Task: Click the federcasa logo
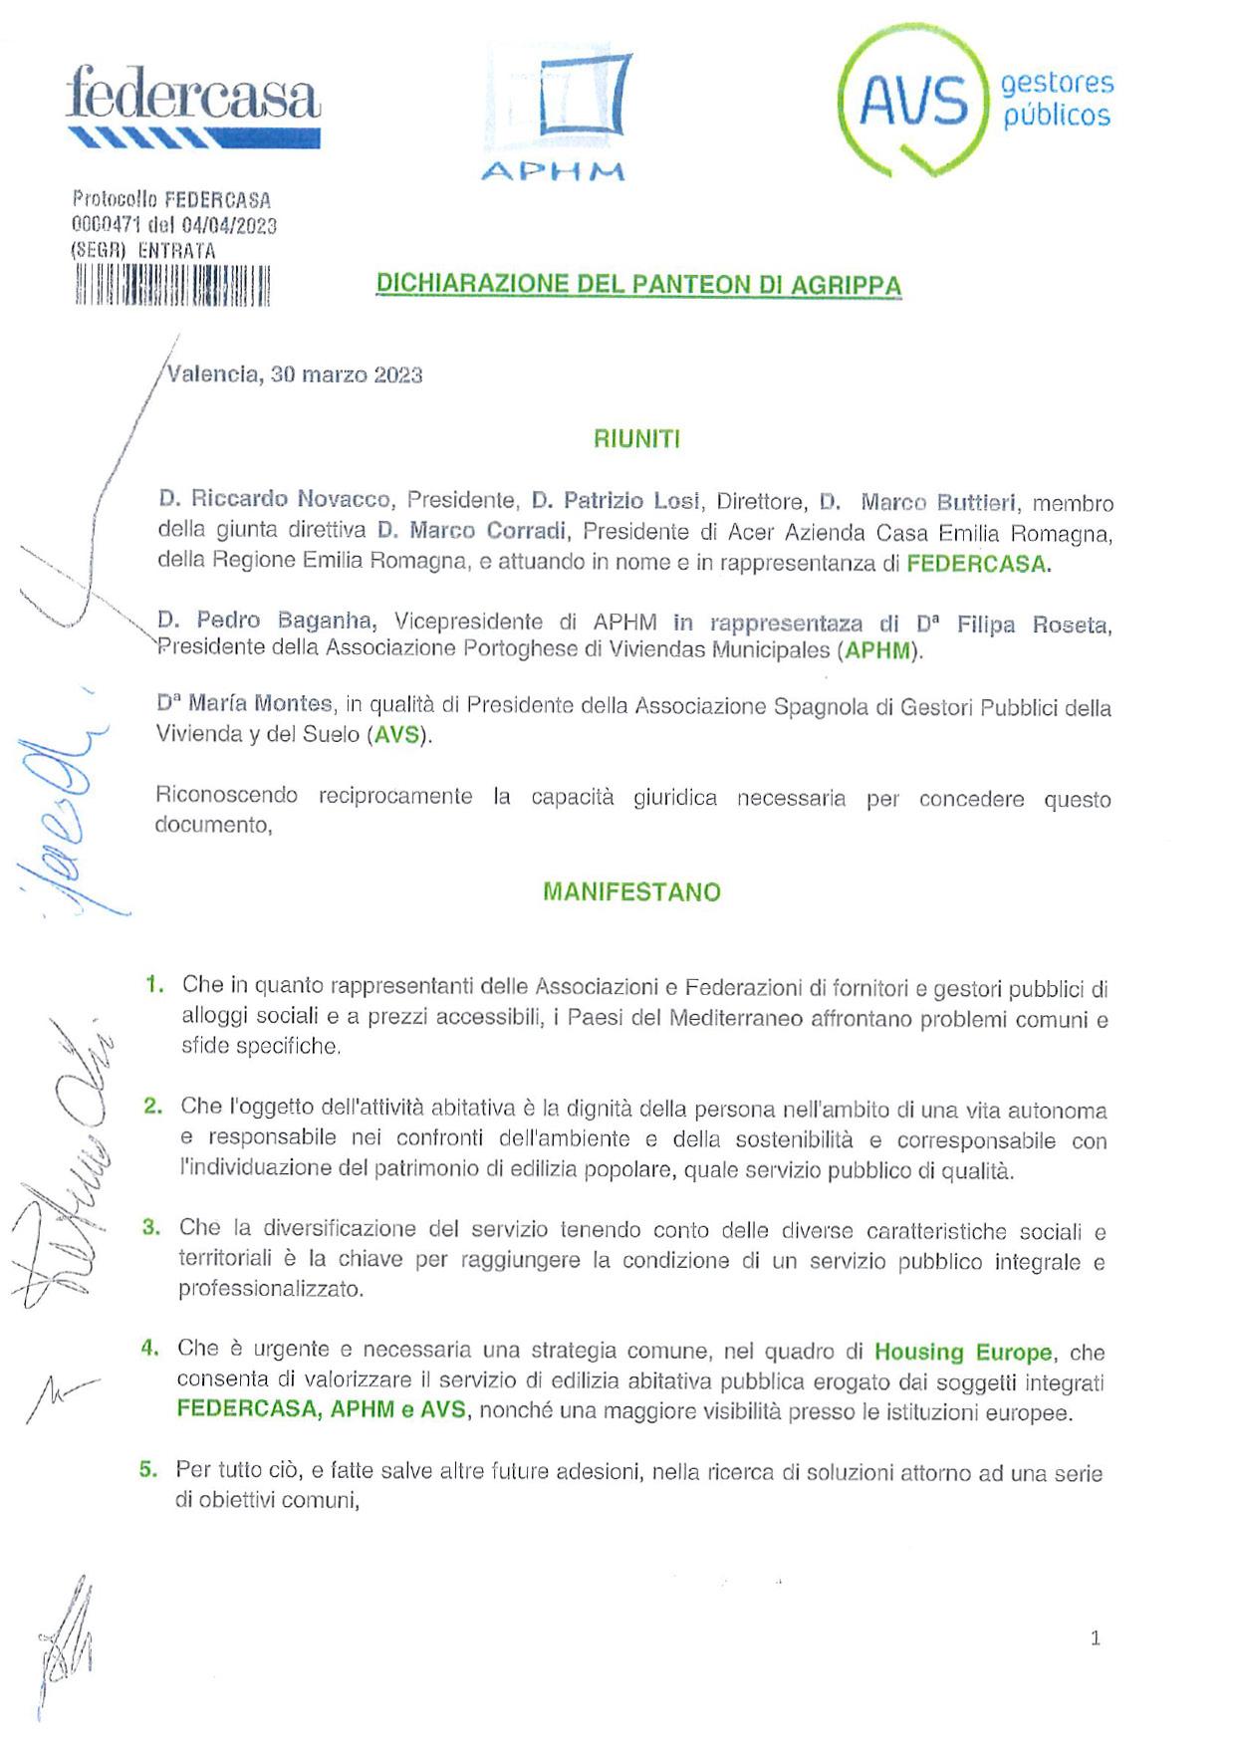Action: click(193, 106)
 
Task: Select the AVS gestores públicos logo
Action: click(974, 100)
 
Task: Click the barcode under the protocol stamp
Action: click(171, 286)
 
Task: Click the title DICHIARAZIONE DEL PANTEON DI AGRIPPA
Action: click(638, 285)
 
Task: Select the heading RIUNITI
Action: click(636, 439)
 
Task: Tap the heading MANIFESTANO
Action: click(631, 891)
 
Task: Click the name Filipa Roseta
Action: click(1033, 624)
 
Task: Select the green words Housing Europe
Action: click(962, 1352)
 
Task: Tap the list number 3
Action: click(151, 1227)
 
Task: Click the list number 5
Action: click(148, 1469)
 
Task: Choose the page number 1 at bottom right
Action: click(1096, 1638)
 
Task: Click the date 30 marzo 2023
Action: click(347, 375)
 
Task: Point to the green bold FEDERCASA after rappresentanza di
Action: click(976, 564)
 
